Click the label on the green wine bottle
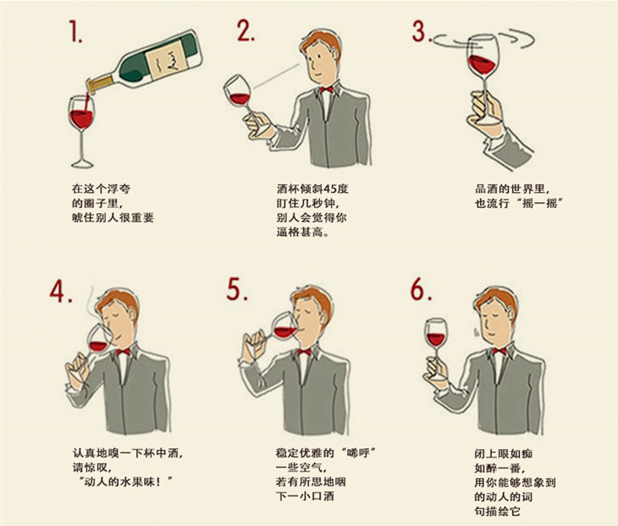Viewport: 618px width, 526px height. point(166,60)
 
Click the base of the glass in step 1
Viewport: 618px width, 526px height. point(82,163)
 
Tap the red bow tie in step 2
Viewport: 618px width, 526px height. point(326,90)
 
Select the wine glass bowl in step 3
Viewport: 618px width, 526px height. point(483,58)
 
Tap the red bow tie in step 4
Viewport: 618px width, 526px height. point(123,352)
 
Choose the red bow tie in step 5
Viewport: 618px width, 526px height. point(304,352)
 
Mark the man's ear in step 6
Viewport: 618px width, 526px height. point(511,315)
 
